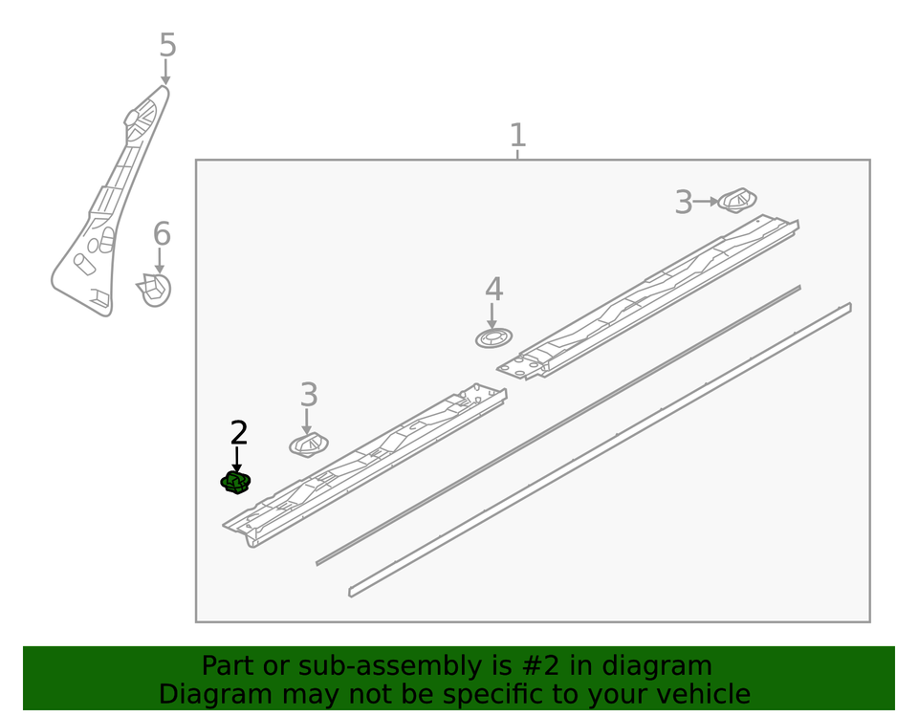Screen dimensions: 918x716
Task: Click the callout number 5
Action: (x=167, y=45)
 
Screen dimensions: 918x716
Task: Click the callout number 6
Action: (x=162, y=233)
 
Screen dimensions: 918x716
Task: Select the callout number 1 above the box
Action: (x=517, y=135)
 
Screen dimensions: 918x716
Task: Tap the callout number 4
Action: (x=493, y=290)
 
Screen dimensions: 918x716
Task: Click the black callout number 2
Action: (x=239, y=433)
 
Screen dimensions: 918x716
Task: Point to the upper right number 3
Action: (x=683, y=203)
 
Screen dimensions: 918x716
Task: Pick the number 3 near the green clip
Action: (x=309, y=395)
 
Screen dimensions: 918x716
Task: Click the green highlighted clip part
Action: (x=235, y=482)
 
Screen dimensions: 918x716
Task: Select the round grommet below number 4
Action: (x=493, y=338)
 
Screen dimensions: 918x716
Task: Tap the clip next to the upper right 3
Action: (x=737, y=201)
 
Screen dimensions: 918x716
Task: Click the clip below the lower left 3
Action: (x=309, y=445)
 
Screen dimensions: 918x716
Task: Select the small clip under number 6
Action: (x=154, y=290)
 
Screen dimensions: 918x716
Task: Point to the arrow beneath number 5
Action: (x=165, y=72)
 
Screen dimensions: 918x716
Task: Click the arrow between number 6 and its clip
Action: (x=160, y=261)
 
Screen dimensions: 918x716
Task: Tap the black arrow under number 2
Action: (x=236, y=460)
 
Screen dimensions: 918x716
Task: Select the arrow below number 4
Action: (x=492, y=316)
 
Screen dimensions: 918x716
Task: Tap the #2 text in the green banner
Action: (x=523, y=666)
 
